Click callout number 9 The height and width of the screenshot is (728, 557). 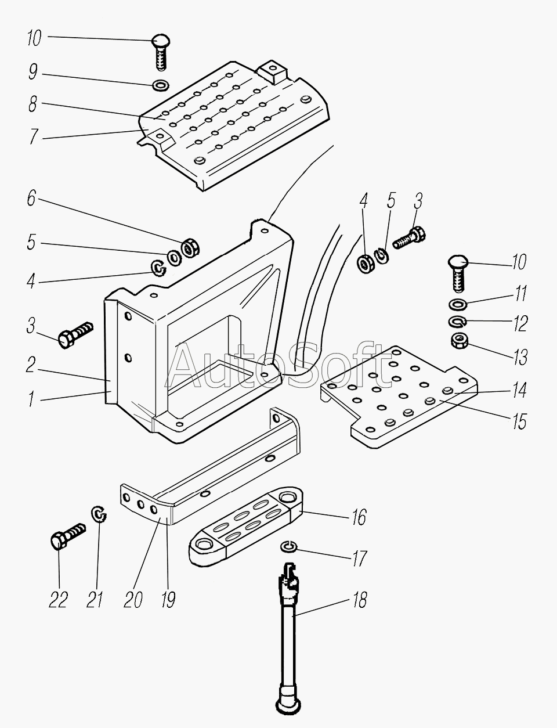tap(33, 71)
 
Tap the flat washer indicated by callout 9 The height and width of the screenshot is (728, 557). tap(161, 85)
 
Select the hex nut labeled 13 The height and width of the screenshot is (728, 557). tap(460, 341)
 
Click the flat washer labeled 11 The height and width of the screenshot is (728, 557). tap(458, 304)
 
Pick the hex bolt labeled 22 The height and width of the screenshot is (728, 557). tap(67, 536)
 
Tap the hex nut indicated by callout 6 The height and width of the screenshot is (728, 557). tap(190, 248)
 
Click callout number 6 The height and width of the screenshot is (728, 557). tap(31, 199)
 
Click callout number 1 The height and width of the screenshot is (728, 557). tap(31, 399)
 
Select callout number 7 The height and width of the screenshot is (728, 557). tap(33, 136)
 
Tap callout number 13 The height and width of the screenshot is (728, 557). tap(520, 357)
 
